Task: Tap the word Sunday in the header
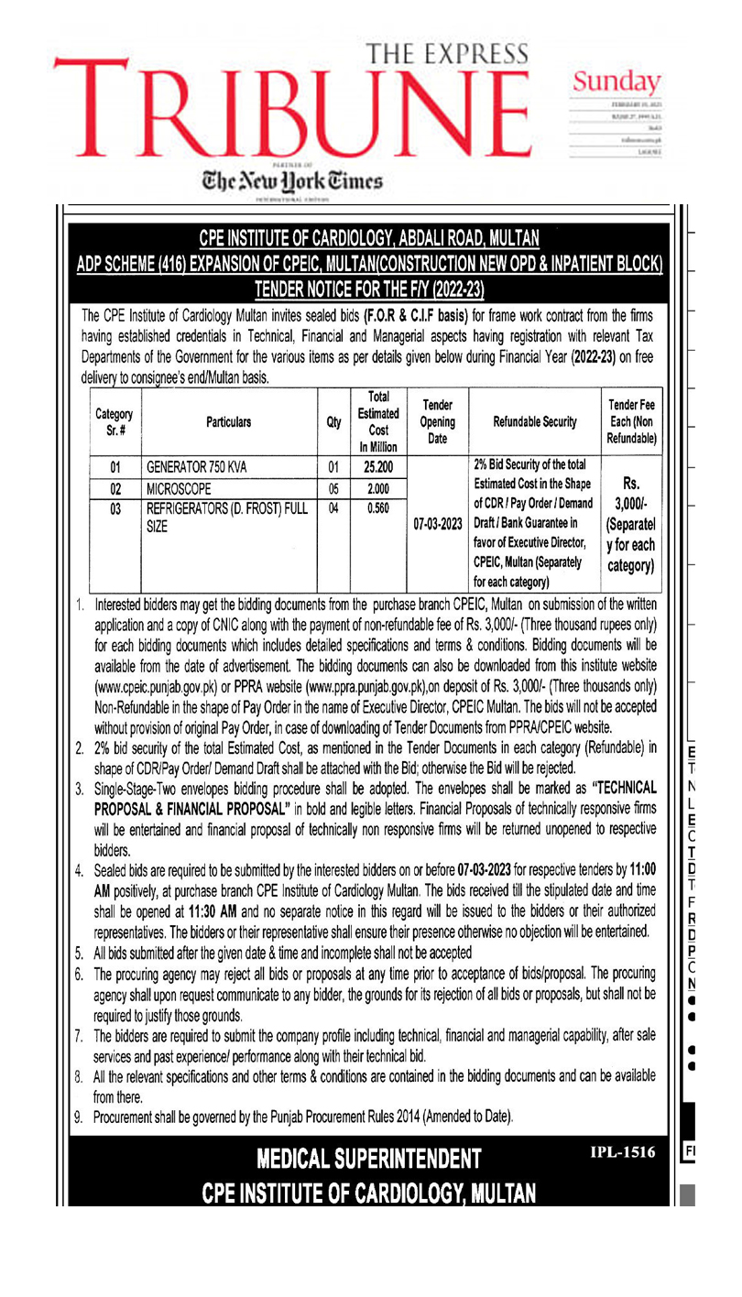pos(617,82)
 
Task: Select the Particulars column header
pos(228,422)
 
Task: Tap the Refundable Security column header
pos(535,422)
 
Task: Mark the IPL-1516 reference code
pos(623,1153)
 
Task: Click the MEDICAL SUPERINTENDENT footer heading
pos(369,1160)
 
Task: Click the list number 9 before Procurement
pos(80,1117)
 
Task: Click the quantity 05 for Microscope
pos(333,488)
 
